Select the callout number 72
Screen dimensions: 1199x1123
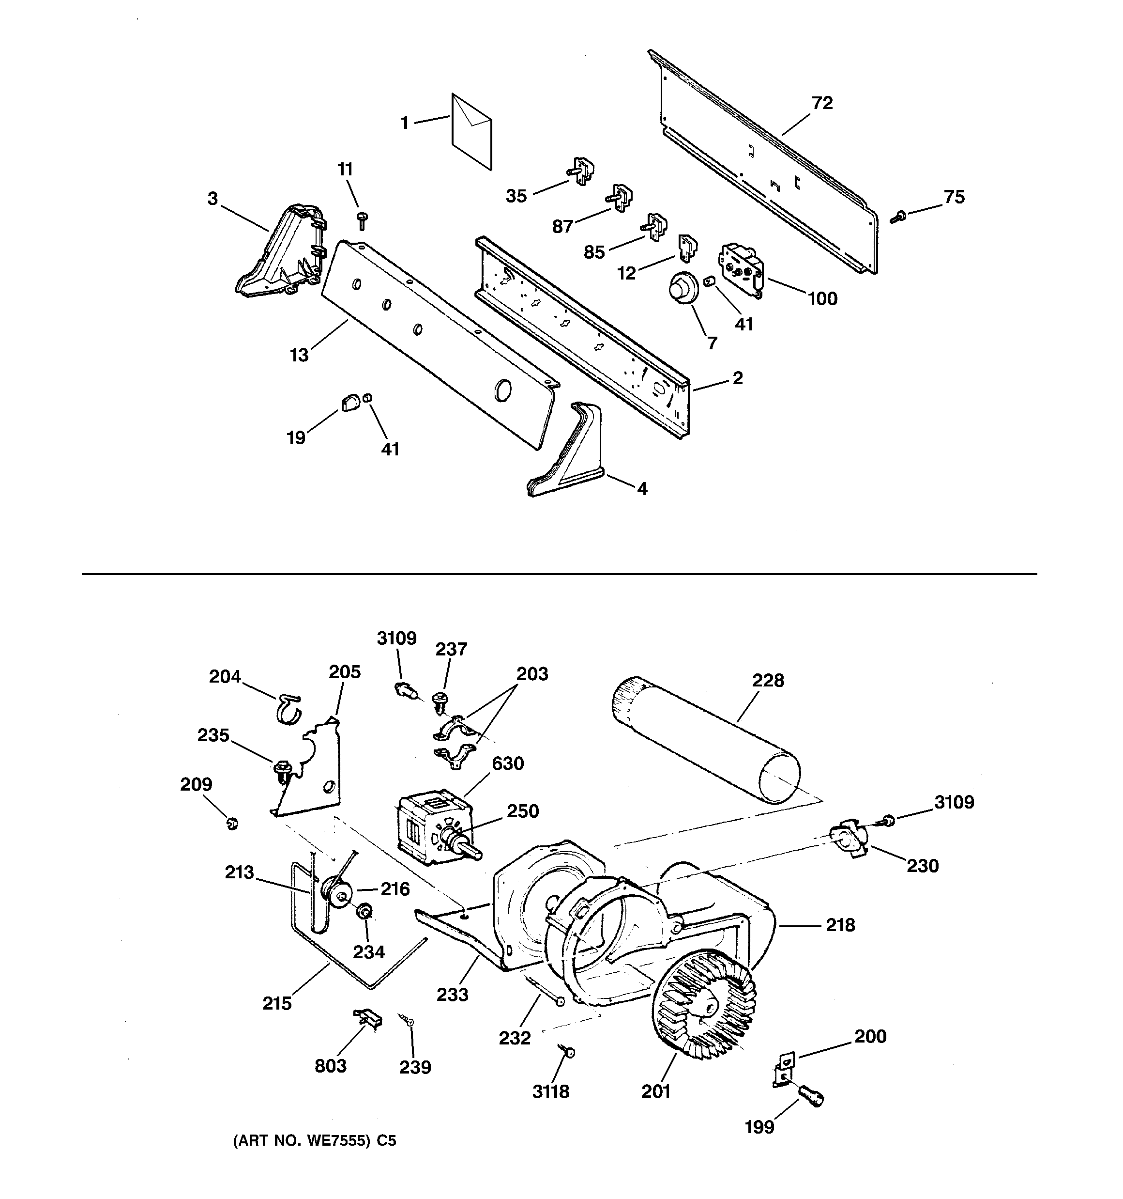click(x=822, y=103)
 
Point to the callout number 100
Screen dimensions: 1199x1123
click(x=822, y=298)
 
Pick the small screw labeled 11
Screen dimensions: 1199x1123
click(x=362, y=220)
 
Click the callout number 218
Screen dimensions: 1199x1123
click(x=840, y=925)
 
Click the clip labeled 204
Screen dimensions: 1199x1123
click(x=289, y=707)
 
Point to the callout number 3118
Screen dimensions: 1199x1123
click(x=550, y=1091)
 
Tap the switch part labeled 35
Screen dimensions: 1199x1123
click(x=580, y=171)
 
